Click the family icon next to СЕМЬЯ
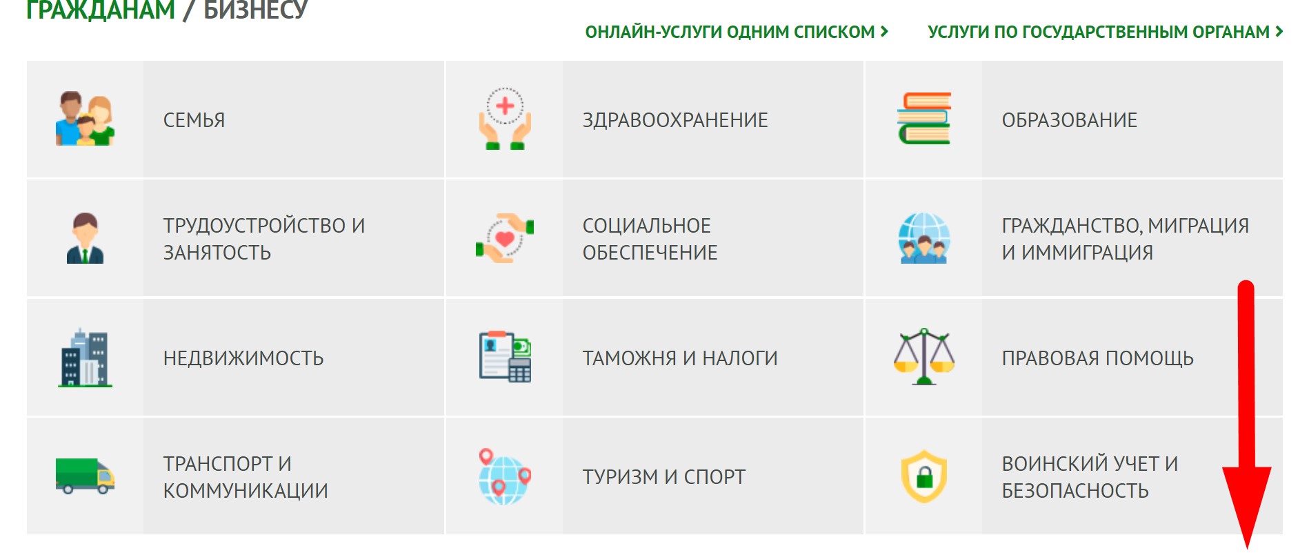[85, 119]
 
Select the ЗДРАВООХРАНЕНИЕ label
[675, 120]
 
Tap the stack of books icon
[924, 118]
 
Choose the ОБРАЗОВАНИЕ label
[1070, 120]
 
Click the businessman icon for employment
[85, 238]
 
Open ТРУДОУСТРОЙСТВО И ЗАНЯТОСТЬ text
[264, 239]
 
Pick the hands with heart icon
[505, 238]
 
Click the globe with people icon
[924, 238]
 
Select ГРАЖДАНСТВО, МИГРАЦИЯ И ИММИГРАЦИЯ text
[1126, 239]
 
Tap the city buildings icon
[85, 358]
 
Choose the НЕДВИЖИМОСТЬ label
[243, 358]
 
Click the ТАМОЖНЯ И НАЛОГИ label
[680, 358]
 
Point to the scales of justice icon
[924, 356]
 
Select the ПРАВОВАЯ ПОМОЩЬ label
[1098, 358]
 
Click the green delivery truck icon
[85, 476]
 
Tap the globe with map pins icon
[505, 476]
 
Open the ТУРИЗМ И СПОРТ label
[664, 477]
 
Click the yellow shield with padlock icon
[924, 476]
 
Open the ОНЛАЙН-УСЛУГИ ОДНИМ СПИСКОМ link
[737, 32]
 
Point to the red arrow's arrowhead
[1247, 507]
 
